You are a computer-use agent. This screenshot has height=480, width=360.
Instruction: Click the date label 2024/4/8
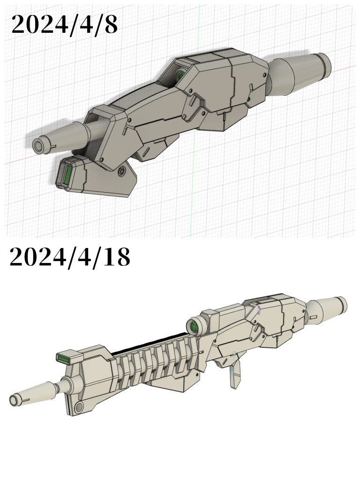coord(64,24)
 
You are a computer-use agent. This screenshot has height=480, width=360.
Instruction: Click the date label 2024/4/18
coord(69,257)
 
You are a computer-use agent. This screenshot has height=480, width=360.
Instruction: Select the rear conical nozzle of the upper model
coord(300,73)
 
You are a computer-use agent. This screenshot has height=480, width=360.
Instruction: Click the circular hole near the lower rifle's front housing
coord(78,405)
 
